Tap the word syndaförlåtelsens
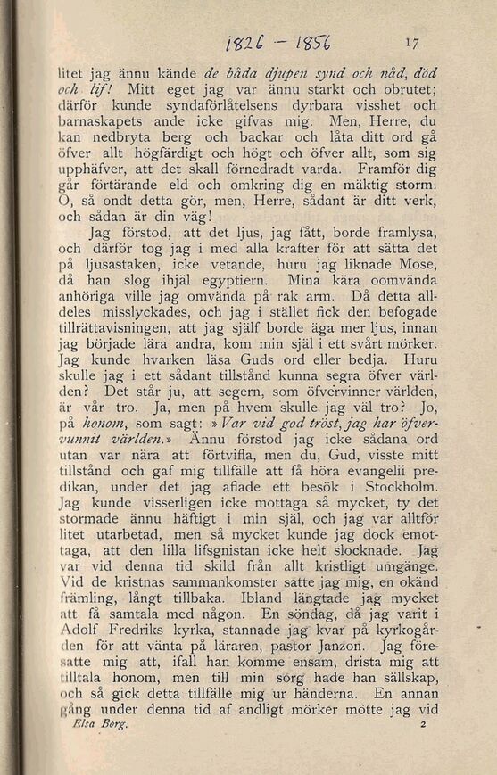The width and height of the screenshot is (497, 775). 203,103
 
